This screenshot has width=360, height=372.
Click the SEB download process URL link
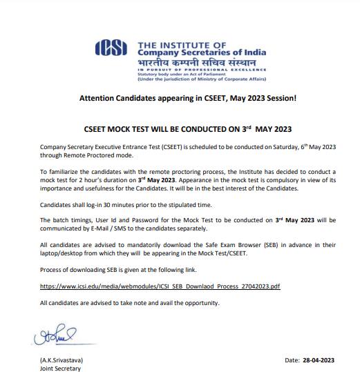[x=160, y=285]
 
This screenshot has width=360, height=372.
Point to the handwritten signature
[x=53, y=339]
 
